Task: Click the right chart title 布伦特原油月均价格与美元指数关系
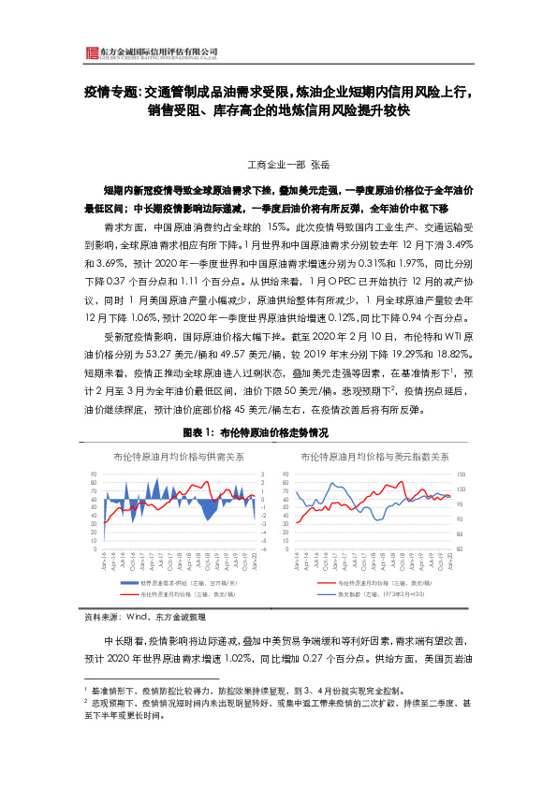coord(374,457)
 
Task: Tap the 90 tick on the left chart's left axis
coord(94,474)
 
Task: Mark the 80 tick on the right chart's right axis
coord(458,549)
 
